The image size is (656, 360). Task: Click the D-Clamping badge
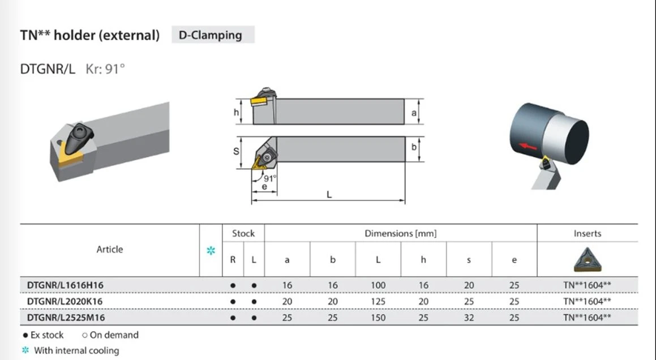213,35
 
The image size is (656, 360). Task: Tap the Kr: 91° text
105,68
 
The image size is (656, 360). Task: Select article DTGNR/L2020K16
65,301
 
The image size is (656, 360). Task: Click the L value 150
378,318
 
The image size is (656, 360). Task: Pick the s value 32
469,318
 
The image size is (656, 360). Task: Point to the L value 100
378,285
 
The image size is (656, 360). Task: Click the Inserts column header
588,234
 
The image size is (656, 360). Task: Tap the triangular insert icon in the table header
588,260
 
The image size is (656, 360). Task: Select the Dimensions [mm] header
400,234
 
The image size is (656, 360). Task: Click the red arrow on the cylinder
528,147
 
